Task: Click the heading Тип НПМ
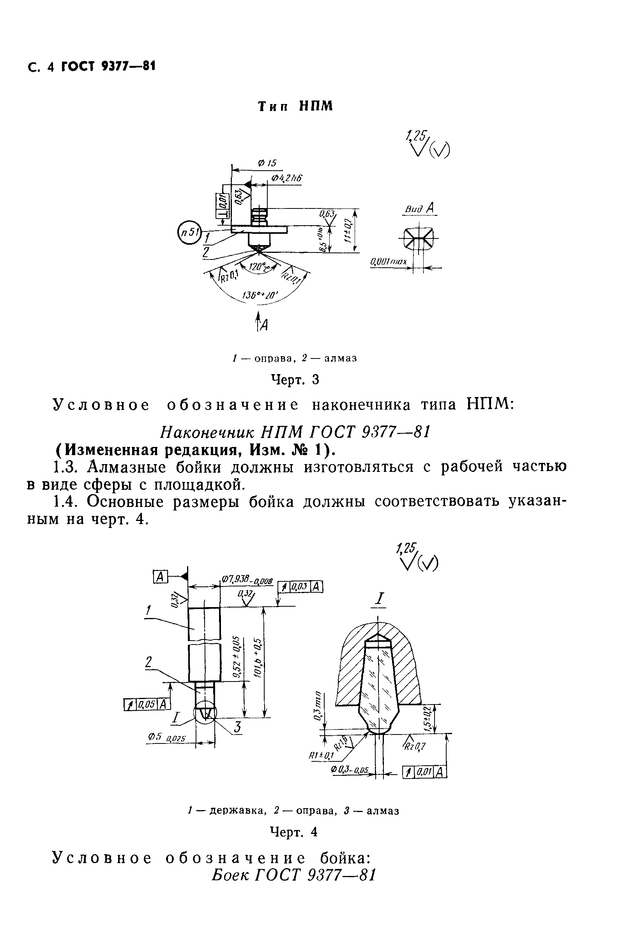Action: (x=295, y=106)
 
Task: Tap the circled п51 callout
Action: (x=190, y=232)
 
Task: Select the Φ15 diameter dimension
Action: (x=267, y=163)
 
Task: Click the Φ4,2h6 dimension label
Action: (x=286, y=178)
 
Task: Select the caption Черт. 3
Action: (x=295, y=380)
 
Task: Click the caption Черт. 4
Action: (x=294, y=832)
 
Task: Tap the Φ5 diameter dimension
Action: (x=167, y=738)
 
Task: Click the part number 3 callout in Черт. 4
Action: (x=237, y=727)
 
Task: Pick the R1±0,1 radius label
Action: (x=321, y=756)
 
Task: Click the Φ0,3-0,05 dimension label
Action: (x=350, y=770)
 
